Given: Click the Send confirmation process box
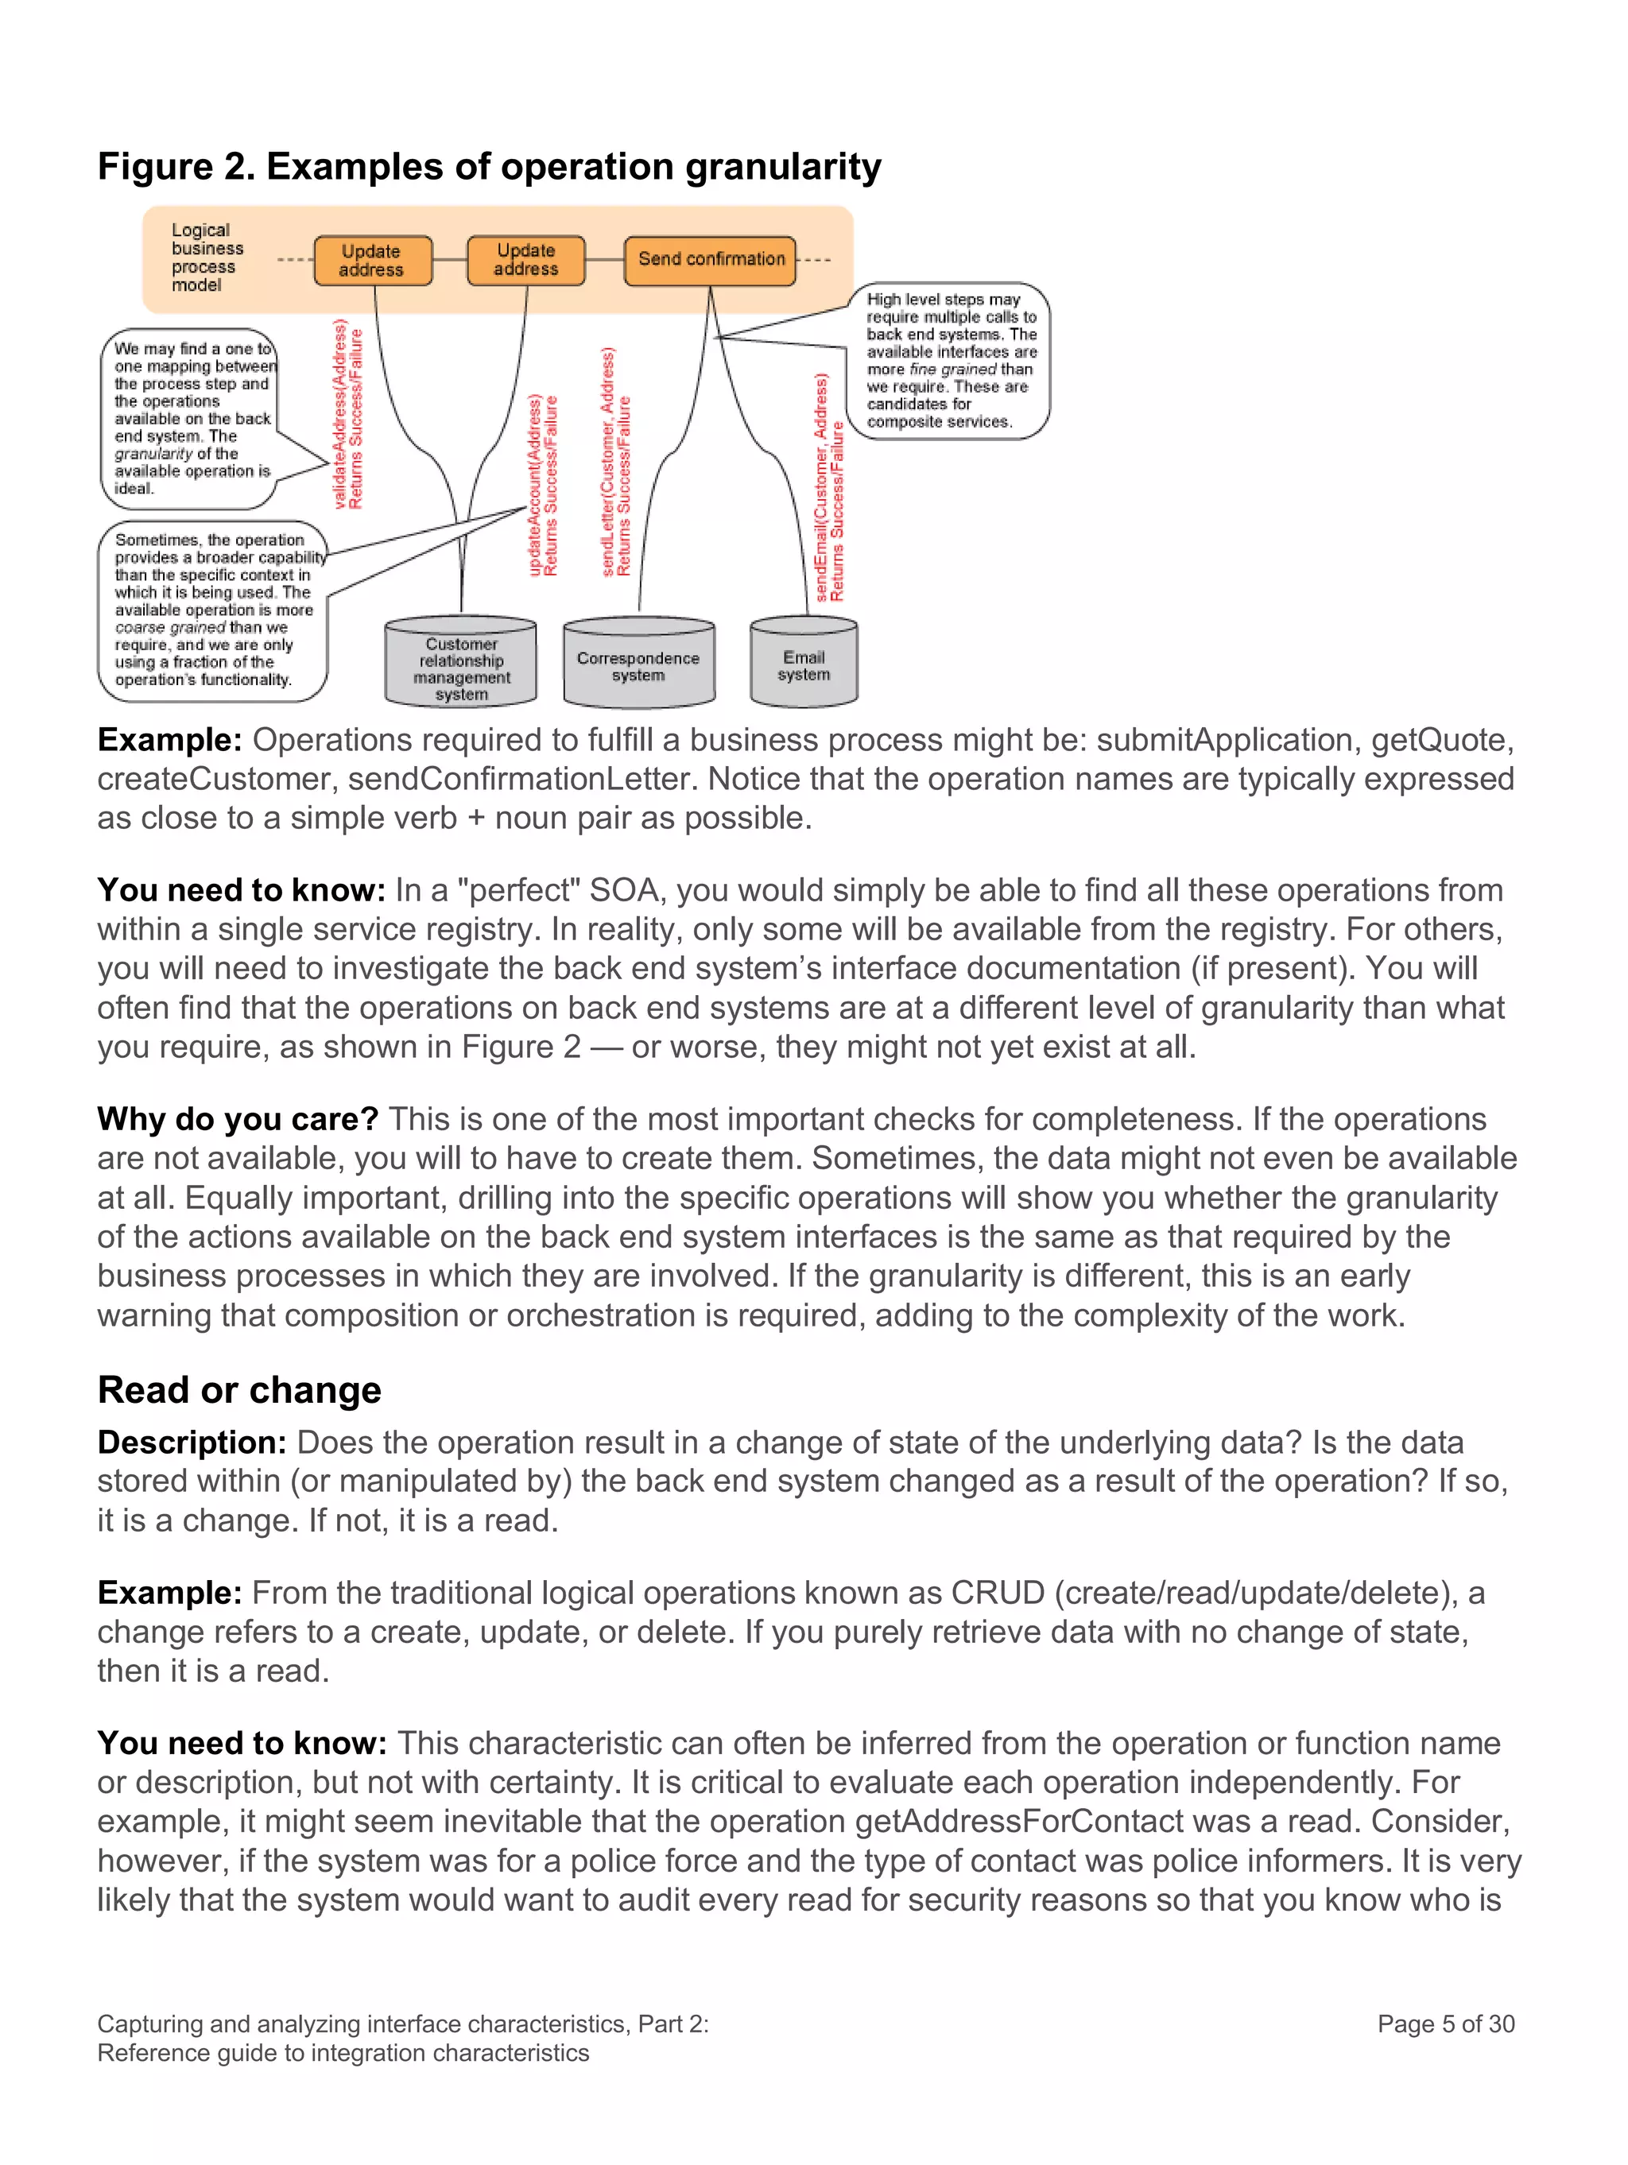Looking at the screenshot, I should click(x=710, y=259).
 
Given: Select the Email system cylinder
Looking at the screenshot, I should click(x=804, y=664).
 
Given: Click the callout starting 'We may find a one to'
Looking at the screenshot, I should click(x=191, y=418).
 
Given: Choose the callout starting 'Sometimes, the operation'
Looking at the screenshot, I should click(x=211, y=610).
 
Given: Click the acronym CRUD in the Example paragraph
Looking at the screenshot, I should click(x=998, y=1593).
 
